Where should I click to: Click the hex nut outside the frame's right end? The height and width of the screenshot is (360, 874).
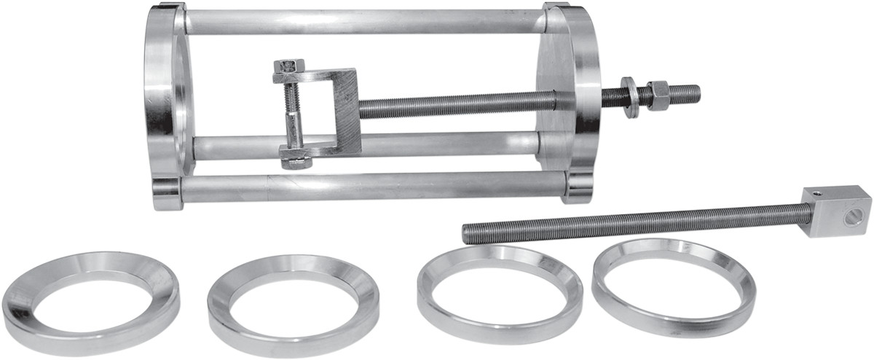[x=660, y=95]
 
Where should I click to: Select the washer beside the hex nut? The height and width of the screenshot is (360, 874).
[x=631, y=97]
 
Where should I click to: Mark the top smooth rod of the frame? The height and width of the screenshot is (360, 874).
[x=364, y=22]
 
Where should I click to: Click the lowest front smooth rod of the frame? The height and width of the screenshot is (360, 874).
[x=364, y=187]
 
